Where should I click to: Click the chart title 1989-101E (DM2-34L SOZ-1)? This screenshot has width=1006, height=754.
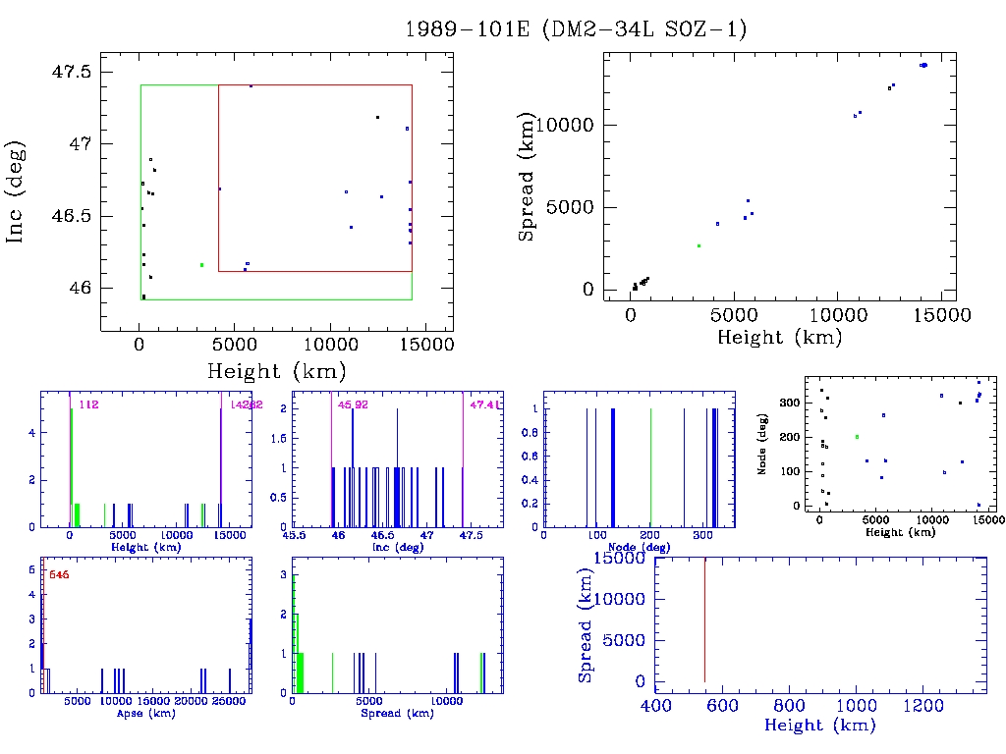coord(577,29)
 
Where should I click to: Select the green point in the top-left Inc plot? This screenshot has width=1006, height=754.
coord(201,265)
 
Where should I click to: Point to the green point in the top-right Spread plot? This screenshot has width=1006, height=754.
coord(699,245)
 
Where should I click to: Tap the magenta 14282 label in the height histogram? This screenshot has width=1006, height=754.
coord(244,404)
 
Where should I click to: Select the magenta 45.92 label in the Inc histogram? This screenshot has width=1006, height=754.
coord(353,404)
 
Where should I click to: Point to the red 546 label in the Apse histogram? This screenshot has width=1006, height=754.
coord(59,573)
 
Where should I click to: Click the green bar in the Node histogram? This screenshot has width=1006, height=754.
coord(650,466)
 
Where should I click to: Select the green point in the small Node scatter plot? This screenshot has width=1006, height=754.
coord(857,437)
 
